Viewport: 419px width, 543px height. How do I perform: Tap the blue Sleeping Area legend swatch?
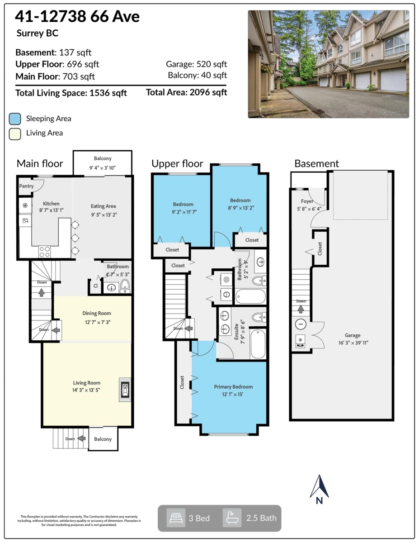pos(15,119)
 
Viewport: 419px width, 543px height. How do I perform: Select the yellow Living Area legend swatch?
pos(15,133)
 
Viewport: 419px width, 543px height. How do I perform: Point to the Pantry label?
pos(26,186)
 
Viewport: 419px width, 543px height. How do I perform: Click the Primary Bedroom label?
pos(233,387)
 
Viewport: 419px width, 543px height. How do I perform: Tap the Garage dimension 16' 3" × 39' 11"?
pos(353,343)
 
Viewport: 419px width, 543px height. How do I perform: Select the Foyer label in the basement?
pos(307,201)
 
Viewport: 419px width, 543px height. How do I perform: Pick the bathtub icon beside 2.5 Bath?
pos(232,518)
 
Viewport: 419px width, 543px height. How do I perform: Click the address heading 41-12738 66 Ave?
pos(77,17)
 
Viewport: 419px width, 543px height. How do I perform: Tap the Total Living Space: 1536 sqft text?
pos(71,93)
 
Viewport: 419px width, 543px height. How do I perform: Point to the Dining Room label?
pos(96,313)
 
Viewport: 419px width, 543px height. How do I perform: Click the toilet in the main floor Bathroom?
pos(124,285)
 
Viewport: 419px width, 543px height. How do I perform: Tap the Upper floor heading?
pos(177,164)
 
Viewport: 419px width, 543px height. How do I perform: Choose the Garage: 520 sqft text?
pos(196,64)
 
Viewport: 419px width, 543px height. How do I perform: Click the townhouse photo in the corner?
pos(328,64)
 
